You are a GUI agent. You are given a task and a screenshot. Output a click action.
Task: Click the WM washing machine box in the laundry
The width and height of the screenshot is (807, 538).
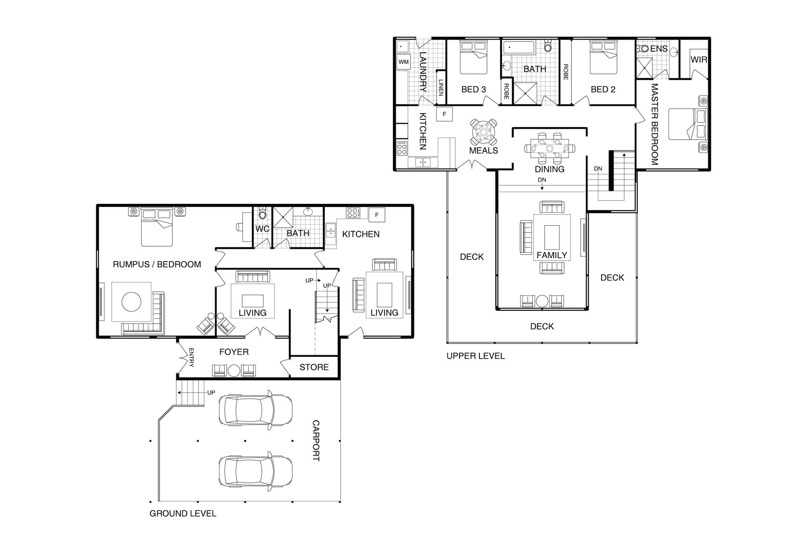[x=403, y=62]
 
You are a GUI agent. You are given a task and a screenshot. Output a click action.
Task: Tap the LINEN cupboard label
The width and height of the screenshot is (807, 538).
[x=441, y=88]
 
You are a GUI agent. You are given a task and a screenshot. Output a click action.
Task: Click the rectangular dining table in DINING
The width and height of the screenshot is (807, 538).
[x=550, y=148]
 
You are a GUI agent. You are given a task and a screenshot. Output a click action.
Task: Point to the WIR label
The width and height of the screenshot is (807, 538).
[x=699, y=60]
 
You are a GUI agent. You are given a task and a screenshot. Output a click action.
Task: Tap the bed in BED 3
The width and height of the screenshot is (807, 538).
[x=474, y=58]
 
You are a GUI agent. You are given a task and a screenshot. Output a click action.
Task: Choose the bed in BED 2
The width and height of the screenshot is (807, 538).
[x=604, y=58]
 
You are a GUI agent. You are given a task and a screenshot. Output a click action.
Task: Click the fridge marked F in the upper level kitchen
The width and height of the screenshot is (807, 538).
[x=445, y=114]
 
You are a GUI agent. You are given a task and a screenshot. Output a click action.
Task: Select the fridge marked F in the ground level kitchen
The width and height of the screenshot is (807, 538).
[x=377, y=215]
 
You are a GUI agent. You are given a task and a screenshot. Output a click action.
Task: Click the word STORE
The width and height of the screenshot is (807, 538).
[x=314, y=367]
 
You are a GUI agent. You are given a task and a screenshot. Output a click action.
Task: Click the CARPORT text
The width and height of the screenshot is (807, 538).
[x=316, y=441]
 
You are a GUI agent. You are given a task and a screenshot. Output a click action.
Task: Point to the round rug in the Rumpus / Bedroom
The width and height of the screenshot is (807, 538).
[x=132, y=301]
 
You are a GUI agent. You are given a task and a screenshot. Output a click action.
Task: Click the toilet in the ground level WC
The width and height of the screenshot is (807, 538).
[x=263, y=214]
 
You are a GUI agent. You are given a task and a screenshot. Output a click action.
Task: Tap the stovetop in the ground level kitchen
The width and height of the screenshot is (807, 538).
[x=353, y=213]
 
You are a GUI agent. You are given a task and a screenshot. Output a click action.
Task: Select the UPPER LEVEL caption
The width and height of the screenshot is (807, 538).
[x=475, y=356]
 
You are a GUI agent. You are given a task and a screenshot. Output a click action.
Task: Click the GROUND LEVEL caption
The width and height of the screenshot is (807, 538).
[x=183, y=513]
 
